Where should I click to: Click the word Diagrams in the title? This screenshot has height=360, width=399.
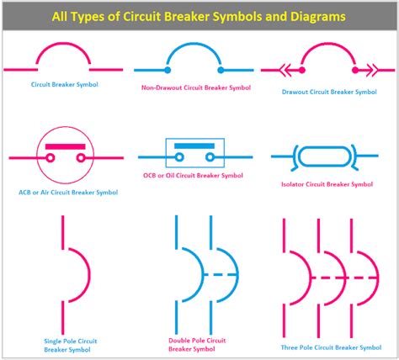(318, 17)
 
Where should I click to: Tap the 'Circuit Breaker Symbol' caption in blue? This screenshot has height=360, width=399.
(65, 84)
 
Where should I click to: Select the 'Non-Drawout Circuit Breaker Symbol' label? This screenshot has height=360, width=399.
(196, 87)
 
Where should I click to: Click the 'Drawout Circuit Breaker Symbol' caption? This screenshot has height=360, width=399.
(329, 92)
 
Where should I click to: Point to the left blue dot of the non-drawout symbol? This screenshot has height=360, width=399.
(168, 70)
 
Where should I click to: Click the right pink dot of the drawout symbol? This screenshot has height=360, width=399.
(355, 70)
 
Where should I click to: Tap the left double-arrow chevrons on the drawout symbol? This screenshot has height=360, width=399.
(285, 70)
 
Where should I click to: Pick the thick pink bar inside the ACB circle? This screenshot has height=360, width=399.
(65, 146)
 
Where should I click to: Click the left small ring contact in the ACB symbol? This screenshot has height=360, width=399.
(51, 158)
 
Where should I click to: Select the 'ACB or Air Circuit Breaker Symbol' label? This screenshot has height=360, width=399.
(68, 193)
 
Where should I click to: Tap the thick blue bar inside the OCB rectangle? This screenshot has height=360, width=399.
(194, 146)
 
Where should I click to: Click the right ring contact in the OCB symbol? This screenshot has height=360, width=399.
(210, 157)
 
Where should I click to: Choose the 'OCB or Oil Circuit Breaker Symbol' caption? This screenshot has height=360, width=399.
(193, 176)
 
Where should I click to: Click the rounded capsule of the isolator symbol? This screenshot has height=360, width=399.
(324, 147)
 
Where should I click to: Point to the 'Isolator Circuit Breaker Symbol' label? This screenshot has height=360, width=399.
(327, 184)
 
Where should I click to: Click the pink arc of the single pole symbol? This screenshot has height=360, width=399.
(89, 275)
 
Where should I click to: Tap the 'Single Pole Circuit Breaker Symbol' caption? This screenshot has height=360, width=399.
(71, 346)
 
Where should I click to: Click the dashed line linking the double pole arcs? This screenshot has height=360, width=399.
(221, 274)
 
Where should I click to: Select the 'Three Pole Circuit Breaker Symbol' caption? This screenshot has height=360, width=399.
(331, 347)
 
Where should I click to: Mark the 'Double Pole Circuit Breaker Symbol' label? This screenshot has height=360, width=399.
(197, 345)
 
